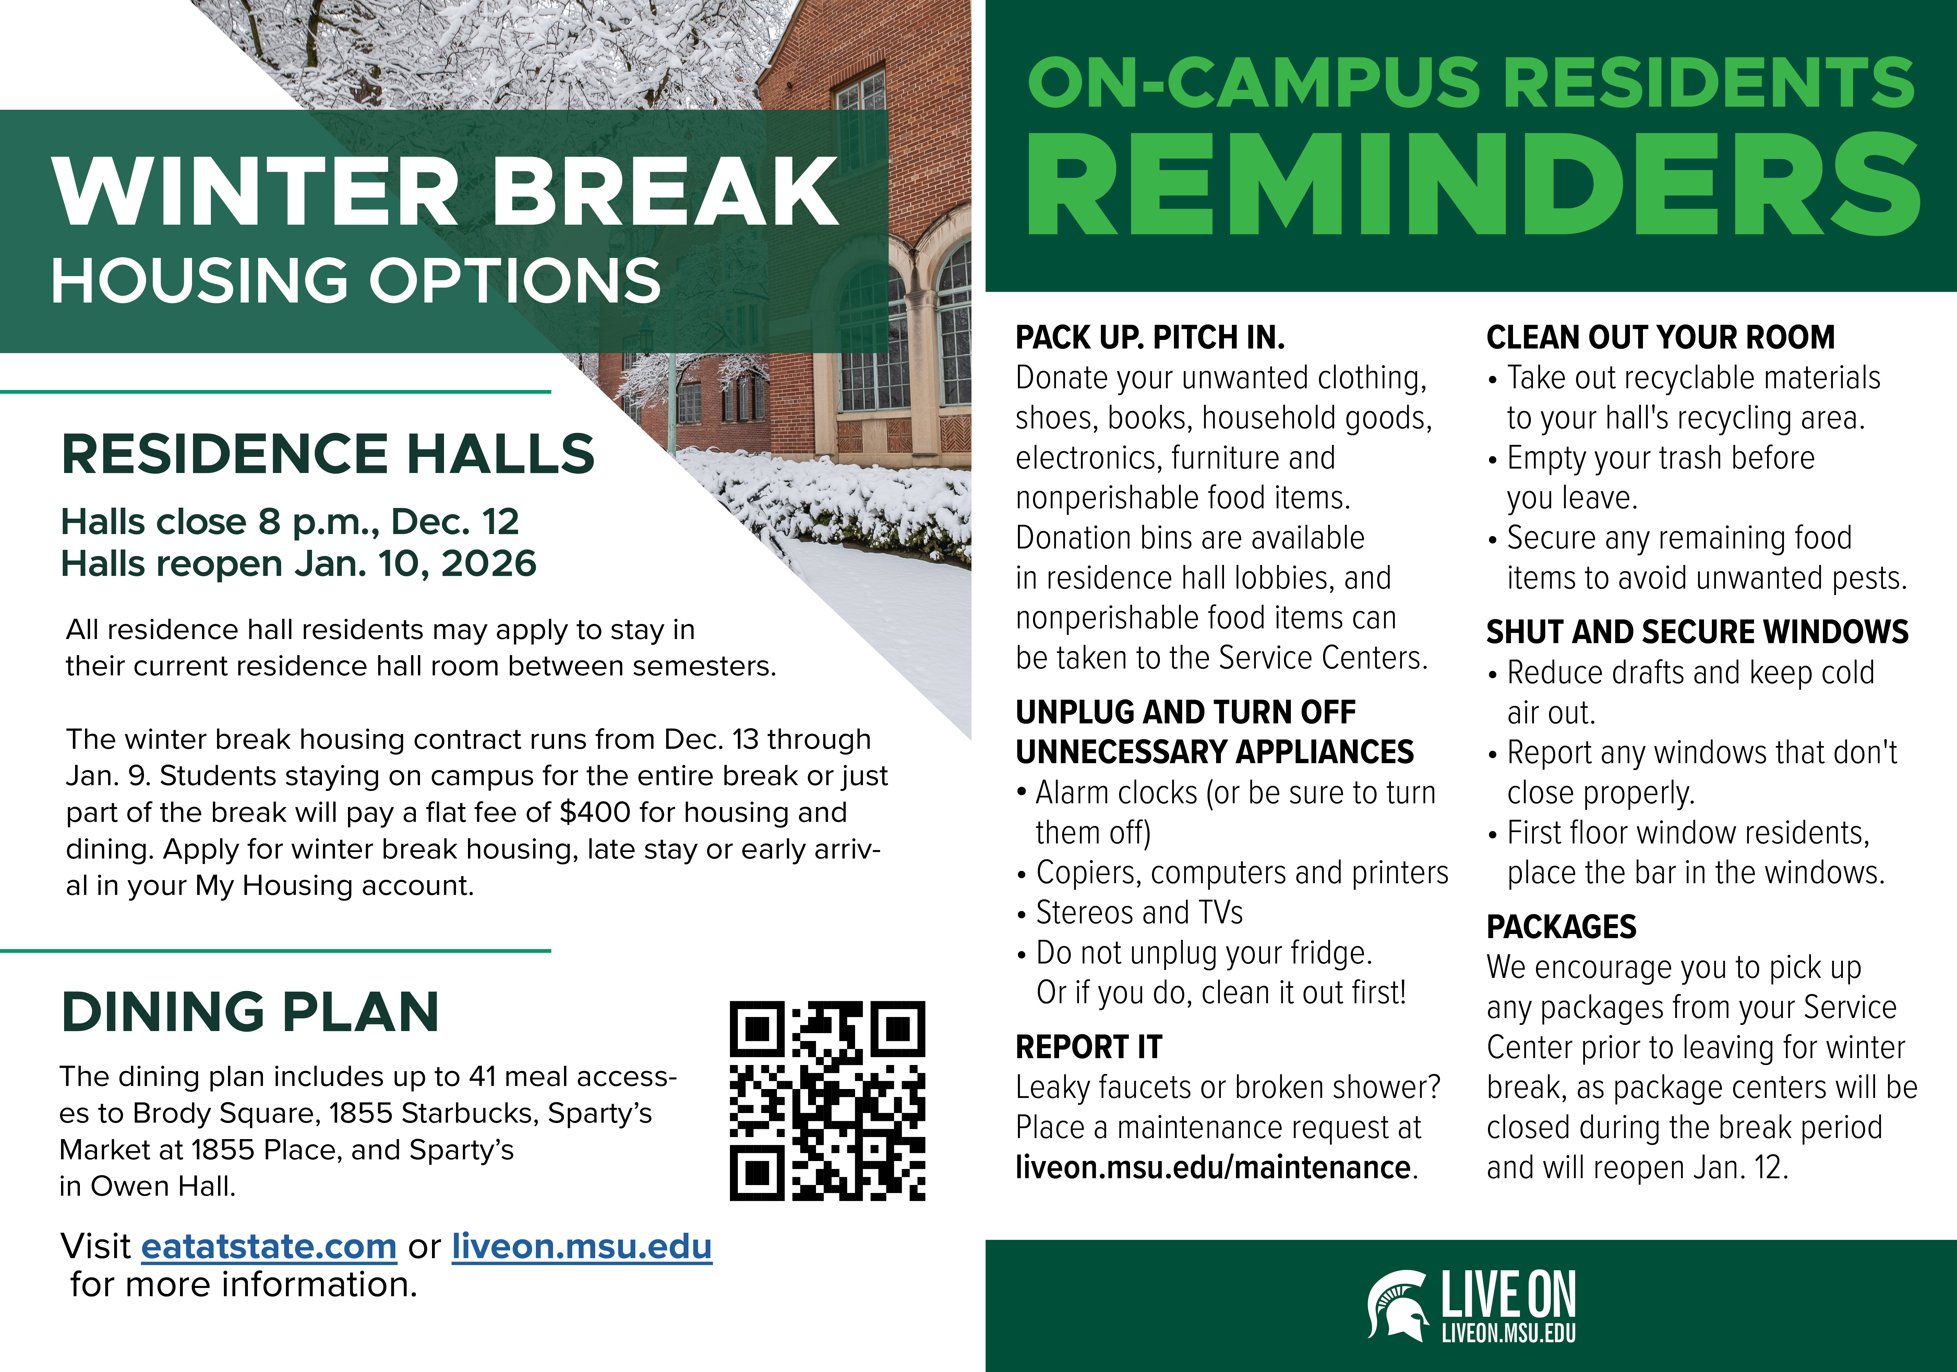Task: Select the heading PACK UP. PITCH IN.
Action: click(x=1150, y=338)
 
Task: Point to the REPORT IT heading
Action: click(x=1089, y=1047)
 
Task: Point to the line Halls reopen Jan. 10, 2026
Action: click(x=298, y=564)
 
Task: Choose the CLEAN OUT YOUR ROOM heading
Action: click(x=1660, y=338)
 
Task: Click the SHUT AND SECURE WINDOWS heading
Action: click(x=1697, y=632)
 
